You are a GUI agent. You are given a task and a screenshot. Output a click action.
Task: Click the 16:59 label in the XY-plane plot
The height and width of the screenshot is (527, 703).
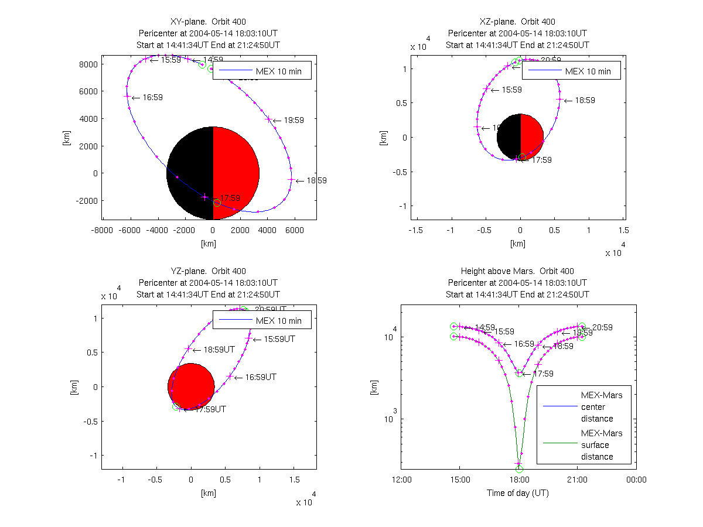[x=152, y=98]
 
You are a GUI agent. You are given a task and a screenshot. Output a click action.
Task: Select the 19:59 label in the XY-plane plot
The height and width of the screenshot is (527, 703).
[x=294, y=121]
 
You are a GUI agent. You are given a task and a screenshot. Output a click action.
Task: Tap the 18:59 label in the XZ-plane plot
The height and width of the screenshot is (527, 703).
[x=585, y=101]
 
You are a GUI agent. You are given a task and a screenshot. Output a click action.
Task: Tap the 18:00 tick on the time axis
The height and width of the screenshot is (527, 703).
[x=518, y=480]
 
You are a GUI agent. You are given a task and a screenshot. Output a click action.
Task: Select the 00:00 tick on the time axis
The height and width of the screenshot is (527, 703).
[x=636, y=480]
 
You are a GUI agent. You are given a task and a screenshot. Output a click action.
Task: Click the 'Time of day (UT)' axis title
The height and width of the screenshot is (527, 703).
[x=518, y=493]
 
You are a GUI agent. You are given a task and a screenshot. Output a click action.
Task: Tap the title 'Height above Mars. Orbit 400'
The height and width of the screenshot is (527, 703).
[x=517, y=271]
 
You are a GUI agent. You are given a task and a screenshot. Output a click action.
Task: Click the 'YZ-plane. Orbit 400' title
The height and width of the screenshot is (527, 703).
[x=208, y=271]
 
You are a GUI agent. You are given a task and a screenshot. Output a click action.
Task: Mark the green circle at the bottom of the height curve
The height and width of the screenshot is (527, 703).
[x=519, y=468]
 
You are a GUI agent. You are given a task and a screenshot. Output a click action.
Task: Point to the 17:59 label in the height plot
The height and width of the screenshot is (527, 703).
[x=542, y=374]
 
